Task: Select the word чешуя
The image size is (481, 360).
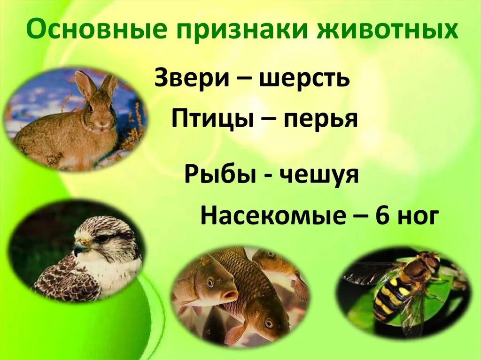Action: pos(320,175)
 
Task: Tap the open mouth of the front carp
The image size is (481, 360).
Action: pos(230,295)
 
